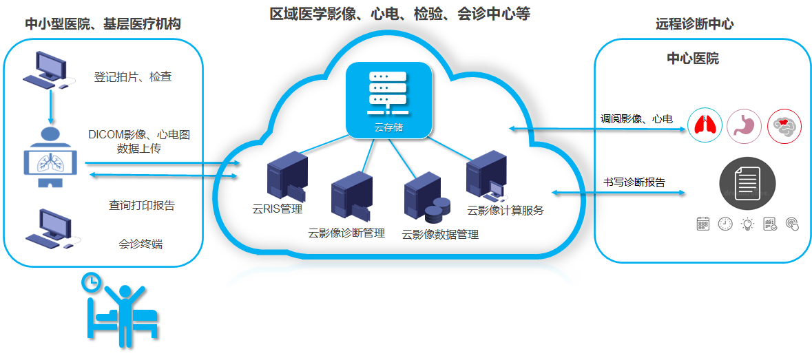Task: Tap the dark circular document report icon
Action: point(747,182)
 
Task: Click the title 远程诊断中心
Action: point(694,24)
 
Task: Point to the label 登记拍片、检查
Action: point(132,78)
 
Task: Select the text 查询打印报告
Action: point(141,205)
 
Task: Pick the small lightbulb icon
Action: point(747,224)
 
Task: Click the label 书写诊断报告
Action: point(634,182)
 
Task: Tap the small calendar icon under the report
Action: point(703,224)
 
